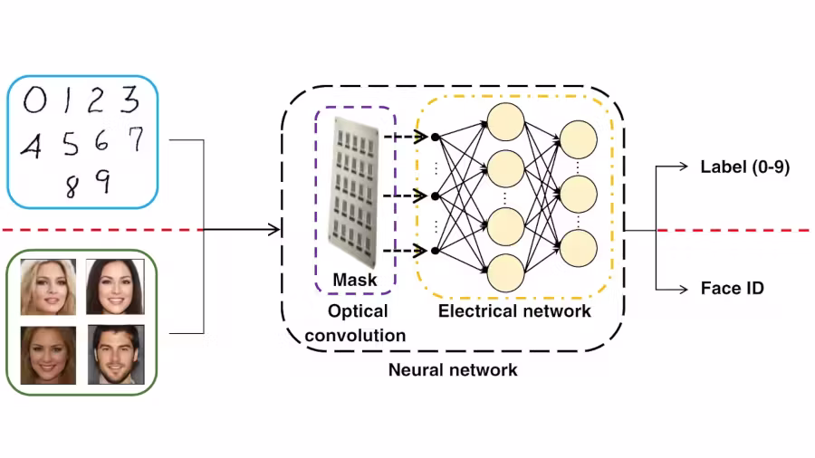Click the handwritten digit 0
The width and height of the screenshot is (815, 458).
pyautogui.click(x=34, y=100)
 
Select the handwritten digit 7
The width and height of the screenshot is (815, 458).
pyautogui.click(x=135, y=139)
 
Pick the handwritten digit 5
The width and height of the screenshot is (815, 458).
pyautogui.click(x=70, y=144)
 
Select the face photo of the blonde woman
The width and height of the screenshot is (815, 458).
pyautogui.click(x=47, y=287)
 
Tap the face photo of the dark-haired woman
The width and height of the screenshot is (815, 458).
pyautogui.click(x=114, y=287)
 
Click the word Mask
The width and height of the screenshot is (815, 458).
pyautogui.click(x=355, y=280)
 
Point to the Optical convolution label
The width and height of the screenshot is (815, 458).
pyautogui.click(x=355, y=323)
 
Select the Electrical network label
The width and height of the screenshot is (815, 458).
pyautogui.click(x=514, y=311)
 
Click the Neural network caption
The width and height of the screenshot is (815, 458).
pyautogui.click(x=453, y=369)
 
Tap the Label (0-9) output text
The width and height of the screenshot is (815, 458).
pyautogui.click(x=745, y=167)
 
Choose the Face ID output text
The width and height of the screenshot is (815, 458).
pyautogui.click(x=732, y=289)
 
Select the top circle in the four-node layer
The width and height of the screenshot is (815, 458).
pyautogui.click(x=505, y=117)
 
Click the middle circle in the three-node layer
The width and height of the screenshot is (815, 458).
pyautogui.click(x=579, y=194)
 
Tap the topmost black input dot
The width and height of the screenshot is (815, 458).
pyautogui.click(x=435, y=138)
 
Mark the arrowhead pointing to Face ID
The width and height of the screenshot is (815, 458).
pyautogui.click(x=686, y=289)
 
